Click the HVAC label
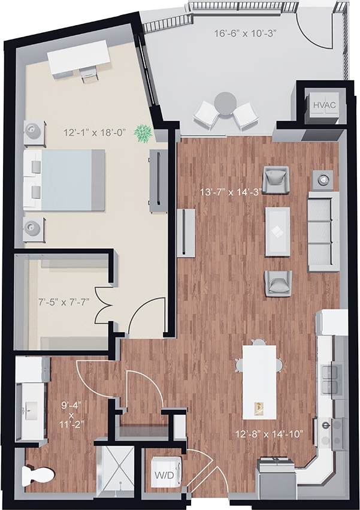pos(324,105)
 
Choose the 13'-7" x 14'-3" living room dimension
pos(235,192)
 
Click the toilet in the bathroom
pos(36,475)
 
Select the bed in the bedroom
pos(63,180)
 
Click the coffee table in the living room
pos(277,231)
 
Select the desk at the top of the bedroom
pos(79,58)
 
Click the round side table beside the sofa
pos(323,178)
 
